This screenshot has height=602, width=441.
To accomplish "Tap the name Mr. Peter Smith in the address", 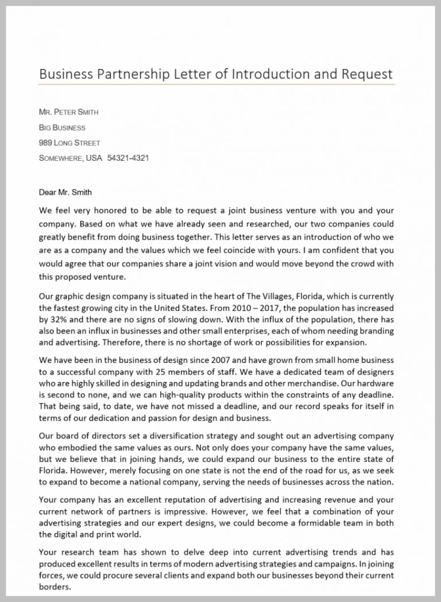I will click(64, 112).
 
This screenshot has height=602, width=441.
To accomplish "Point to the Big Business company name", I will click(62, 128).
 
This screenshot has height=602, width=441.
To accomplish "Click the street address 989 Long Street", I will click(69, 142).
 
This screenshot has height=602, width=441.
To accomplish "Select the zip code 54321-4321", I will click(128, 158).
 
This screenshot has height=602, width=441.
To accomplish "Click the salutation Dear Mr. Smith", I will click(65, 192).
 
